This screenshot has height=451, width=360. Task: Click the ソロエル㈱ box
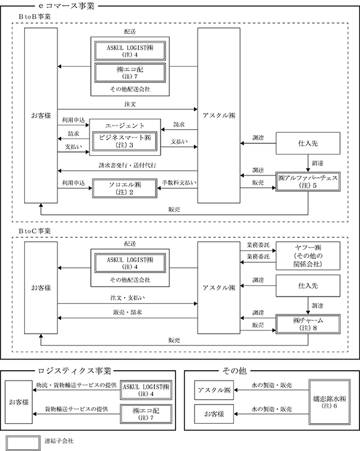click(x=125, y=188)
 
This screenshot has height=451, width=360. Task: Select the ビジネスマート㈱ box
click(x=125, y=141)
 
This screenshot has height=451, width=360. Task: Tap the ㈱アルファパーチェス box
click(x=308, y=182)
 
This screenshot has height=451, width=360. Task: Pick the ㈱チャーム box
click(x=308, y=324)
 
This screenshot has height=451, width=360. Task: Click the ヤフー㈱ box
click(x=308, y=256)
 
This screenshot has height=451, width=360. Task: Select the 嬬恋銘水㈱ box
click(x=330, y=402)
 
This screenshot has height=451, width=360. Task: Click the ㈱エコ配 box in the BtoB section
click(x=130, y=73)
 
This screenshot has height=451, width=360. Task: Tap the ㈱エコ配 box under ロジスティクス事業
click(x=146, y=414)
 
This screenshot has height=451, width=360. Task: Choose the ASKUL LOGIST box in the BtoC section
click(x=130, y=263)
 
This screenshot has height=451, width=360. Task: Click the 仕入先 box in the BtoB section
click(x=308, y=143)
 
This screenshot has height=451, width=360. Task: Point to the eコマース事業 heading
click(x=67, y=6)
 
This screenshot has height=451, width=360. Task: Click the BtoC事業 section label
click(x=35, y=231)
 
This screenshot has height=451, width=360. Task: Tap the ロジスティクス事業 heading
click(x=75, y=371)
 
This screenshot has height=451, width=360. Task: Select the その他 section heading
click(x=235, y=371)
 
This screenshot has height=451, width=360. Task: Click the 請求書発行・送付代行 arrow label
click(x=128, y=166)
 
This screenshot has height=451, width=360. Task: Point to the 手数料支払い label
click(x=179, y=183)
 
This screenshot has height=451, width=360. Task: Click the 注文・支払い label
click(x=127, y=298)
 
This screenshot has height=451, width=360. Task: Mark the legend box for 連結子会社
click(x=23, y=442)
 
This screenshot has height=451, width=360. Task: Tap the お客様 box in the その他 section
click(x=214, y=414)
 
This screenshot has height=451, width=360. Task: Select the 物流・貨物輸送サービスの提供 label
click(x=77, y=385)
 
